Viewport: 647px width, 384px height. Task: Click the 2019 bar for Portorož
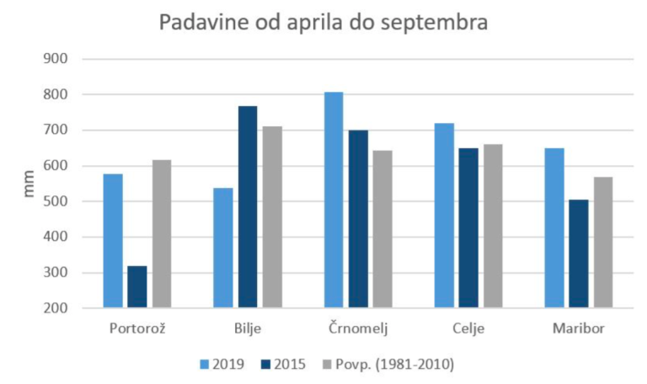113,241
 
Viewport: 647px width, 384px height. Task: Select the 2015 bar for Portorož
137,287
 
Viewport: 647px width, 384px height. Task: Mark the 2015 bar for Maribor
579,253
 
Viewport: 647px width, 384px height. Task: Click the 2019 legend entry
222,365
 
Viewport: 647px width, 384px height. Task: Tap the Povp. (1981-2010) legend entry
388,365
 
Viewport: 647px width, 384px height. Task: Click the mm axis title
29,184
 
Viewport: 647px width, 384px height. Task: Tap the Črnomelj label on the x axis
358,328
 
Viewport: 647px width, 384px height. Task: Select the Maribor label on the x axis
579,328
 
